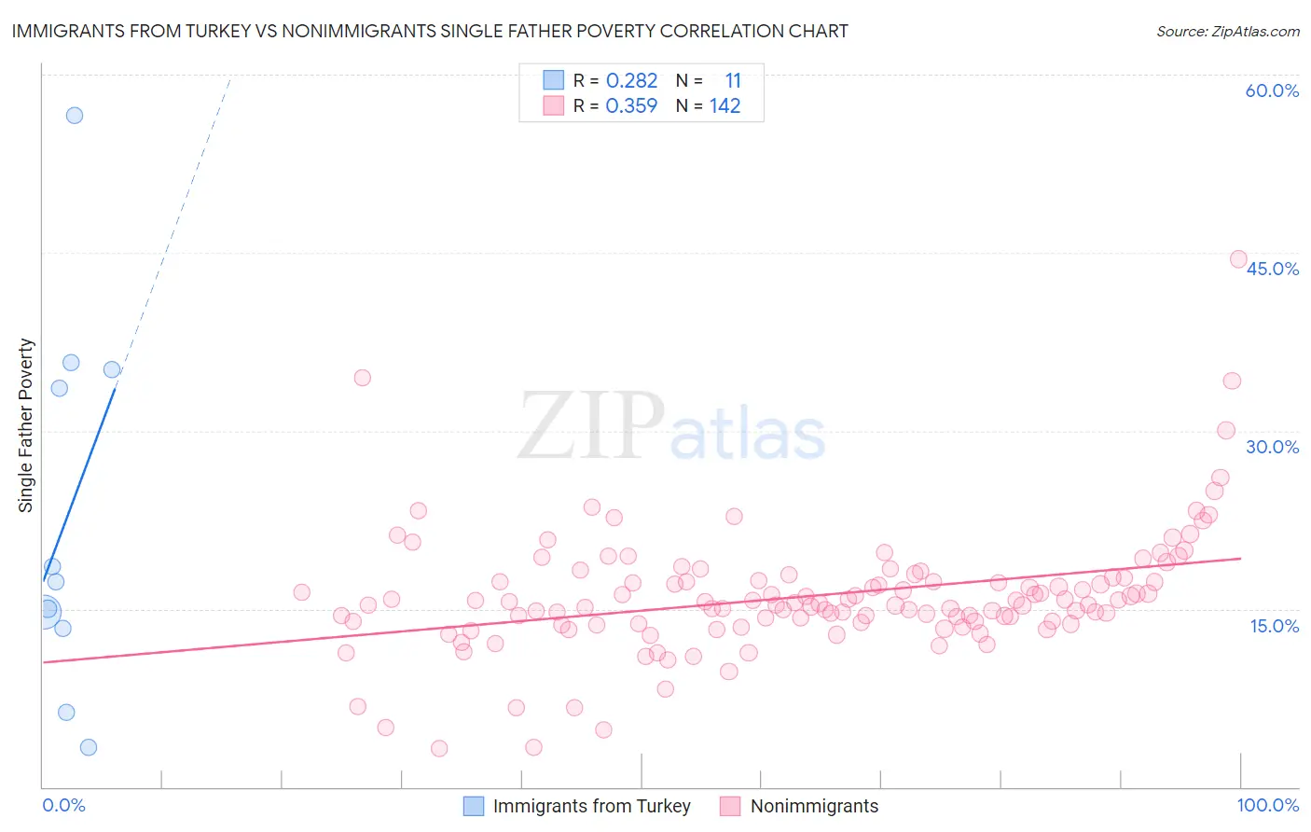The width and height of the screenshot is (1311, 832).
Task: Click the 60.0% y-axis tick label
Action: tap(1272, 90)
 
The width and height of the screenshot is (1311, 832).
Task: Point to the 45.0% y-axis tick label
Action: tap(1272, 269)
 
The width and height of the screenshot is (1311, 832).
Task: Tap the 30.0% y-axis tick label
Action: tap(1272, 447)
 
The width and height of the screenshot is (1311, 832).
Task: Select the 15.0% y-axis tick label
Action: tap(1274, 626)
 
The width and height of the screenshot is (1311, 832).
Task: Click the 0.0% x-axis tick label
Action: tap(63, 805)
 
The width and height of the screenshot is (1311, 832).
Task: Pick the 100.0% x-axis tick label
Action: tap(1268, 805)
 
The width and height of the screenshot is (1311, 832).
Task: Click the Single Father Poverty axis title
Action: tap(26, 425)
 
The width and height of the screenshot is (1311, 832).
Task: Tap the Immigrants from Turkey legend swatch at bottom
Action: tap(474, 806)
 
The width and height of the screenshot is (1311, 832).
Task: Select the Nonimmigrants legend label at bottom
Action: tap(814, 806)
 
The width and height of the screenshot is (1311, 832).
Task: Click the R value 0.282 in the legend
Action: tap(631, 81)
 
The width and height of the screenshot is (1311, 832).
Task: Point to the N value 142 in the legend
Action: tap(724, 106)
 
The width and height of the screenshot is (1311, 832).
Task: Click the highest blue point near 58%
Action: tap(75, 116)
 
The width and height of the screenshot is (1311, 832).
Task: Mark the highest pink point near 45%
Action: tap(1238, 259)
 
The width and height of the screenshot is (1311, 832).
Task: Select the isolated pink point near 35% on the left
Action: tap(363, 378)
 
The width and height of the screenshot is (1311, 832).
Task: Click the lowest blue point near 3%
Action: tap(89, 747)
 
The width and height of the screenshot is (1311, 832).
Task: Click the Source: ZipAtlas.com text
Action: tap(1227, 31)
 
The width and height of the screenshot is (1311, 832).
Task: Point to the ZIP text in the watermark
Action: tap(591, 426)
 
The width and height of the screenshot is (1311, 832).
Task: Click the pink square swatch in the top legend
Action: tap(554, 105)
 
